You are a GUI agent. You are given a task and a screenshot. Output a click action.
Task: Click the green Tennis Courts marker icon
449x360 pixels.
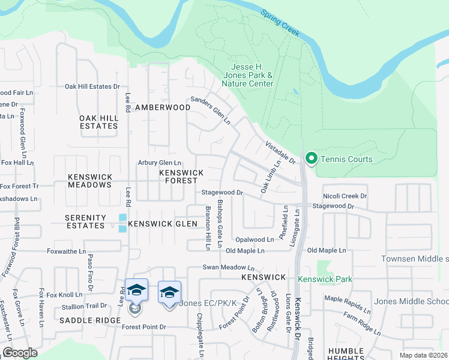coord(311,159)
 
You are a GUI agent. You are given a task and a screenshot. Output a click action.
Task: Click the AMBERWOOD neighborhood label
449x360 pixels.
coord(163,107)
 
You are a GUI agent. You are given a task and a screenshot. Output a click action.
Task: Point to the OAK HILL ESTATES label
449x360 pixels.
coord(98,122)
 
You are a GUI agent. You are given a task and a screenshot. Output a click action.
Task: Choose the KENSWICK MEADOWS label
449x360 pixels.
coord(89,181)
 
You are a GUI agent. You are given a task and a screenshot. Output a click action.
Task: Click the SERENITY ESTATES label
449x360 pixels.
coord(85,221)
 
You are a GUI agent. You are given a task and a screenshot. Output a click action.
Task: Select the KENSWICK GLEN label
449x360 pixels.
coord(163,224)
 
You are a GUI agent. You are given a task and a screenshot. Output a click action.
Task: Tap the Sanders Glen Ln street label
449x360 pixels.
coord(211,110)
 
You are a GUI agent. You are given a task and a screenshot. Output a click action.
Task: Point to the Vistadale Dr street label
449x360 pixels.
coord(280,152)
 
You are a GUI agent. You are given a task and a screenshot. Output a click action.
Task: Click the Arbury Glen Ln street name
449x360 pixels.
coord(159,163)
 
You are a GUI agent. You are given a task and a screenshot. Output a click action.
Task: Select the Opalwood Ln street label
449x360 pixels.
coord(254,239)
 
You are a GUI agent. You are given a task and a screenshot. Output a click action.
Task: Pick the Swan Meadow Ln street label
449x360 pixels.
coord(229,268)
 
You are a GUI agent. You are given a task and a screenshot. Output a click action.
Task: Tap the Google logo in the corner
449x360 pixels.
coord(20,353)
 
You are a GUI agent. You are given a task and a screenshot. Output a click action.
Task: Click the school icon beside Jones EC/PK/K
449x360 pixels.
coord(170,293)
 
